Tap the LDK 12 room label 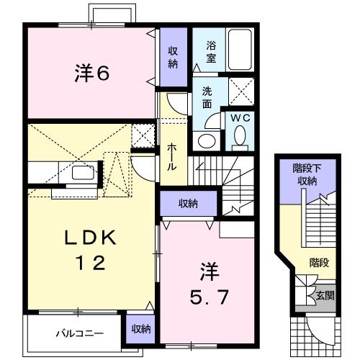tap(92, 250)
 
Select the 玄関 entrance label tap(325, 295)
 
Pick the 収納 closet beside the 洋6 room tap(174, 56)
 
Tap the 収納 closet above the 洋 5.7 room tap(188, 204)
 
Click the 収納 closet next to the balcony tap(141, 328)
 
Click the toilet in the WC tap(240, 135)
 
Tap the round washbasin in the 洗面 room tap(207, 140)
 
